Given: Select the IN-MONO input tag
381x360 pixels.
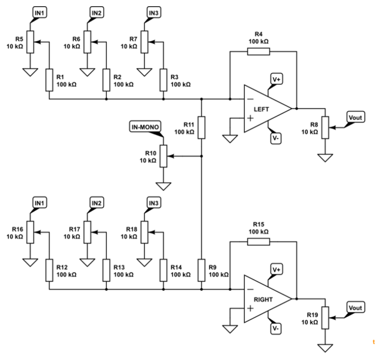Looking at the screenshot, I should (146, 127).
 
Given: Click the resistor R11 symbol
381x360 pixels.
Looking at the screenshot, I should (201, 127).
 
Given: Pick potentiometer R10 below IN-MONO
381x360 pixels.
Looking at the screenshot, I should (163, 156).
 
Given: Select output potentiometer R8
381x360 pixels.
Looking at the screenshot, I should (324, 127).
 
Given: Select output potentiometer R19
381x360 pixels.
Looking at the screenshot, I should (324, 319).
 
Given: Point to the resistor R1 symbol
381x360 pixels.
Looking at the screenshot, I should (49, 79).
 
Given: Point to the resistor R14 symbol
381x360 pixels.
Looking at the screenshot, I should (163, 270).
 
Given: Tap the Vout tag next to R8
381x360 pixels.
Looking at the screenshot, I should (354, 117).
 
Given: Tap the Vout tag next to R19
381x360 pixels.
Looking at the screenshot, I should (354, 308).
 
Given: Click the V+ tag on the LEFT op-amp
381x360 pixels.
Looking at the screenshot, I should (276, 79).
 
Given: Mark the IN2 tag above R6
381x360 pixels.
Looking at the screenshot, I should (97, 12).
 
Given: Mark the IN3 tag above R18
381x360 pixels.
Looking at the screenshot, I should (154, 203).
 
